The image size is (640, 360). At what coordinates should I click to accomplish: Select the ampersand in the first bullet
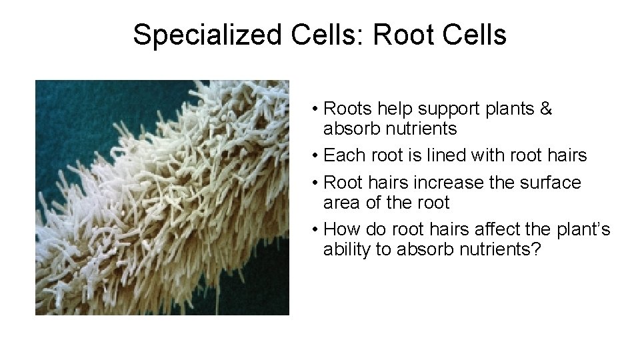click(x=546, y=109)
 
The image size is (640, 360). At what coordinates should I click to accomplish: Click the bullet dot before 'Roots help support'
click(x=313, y=109)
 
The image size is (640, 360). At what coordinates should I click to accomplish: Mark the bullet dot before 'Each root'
click(x=313, y=155)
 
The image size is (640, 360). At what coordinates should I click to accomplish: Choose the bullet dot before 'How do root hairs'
click(x=313, y=229)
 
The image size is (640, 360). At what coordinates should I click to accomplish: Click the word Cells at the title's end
click(x=473, y=35)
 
